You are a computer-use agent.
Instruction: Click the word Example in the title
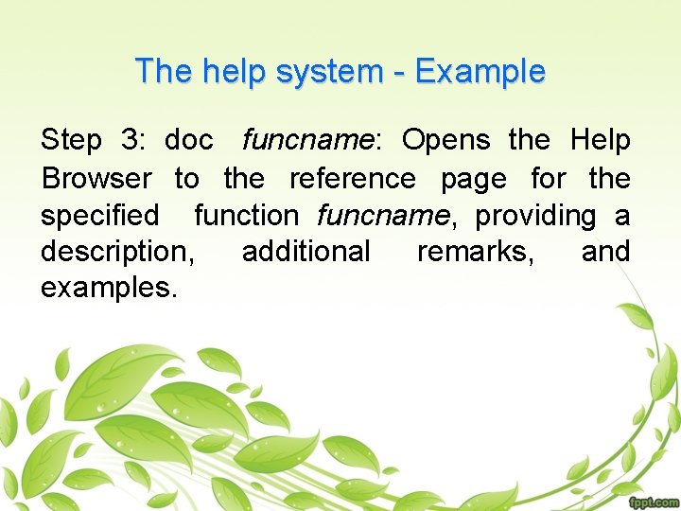pos(480,72)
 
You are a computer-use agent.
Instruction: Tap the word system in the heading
pos(325,72)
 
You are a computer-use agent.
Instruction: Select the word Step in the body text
pos(71,142)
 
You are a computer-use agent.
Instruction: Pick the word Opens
pos(446,142)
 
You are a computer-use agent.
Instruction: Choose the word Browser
pos(96,179)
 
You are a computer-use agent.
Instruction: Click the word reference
pos(352,179)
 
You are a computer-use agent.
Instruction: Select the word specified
pos(100,217)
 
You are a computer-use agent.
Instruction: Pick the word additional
pos(306,252)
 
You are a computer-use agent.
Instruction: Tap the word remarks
pos(475,253)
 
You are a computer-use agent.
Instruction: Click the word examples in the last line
pos(109,289)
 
